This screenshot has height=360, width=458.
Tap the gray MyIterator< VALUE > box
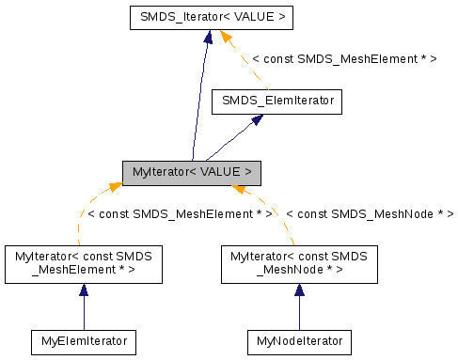(x=191, y=172)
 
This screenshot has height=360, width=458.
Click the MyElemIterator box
(x=83, y=341)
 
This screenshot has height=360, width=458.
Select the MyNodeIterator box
(x=299, y=341)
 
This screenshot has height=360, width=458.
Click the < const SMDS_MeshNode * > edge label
(x=370, y=214)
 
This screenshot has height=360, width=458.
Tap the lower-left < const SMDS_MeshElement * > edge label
(x=179, y=214)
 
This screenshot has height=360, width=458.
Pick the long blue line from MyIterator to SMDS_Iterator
(x=199, y=103)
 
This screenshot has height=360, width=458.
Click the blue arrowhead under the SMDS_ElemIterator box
(x=255, y=121)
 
